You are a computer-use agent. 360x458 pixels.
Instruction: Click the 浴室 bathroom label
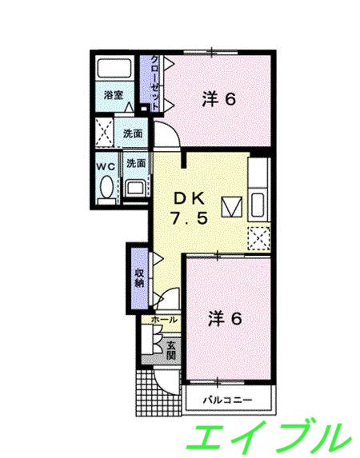pos(113,94)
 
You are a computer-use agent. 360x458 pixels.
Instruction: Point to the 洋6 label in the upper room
pos(218,100)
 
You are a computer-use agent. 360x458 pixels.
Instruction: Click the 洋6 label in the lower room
pos(224,318)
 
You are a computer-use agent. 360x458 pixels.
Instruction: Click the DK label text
pos(191,198)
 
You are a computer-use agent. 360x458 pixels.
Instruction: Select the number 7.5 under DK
pos(191,218)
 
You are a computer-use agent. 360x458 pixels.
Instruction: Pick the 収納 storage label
pos(138,275)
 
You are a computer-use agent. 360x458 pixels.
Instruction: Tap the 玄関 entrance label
pos(171,348)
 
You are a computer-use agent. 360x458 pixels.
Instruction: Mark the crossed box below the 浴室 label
pos(103,132)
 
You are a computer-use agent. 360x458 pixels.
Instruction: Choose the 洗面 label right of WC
pos(135,164)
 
